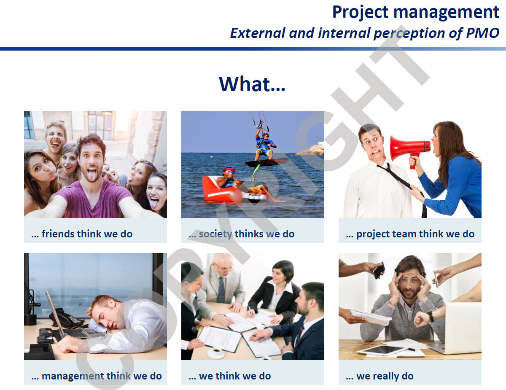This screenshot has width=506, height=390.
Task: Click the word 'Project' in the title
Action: [x=360, y=12]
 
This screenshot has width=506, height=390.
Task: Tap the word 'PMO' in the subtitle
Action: [x=482, y=33]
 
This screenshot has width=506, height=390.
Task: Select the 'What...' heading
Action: [x=252, y=84]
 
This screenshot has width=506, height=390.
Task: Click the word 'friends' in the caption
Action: [x=59, y=234]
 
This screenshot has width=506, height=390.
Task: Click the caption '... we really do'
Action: [x=379, y=376]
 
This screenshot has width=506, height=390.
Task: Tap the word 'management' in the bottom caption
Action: [x=73, y=376]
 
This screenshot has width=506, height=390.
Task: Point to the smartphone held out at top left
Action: [x=379, y=270]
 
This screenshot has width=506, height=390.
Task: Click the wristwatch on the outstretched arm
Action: [x=431, y=317]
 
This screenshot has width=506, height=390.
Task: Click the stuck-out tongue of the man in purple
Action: [x=92, y=175]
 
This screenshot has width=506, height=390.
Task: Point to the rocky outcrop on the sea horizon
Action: [x=311, y=150]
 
